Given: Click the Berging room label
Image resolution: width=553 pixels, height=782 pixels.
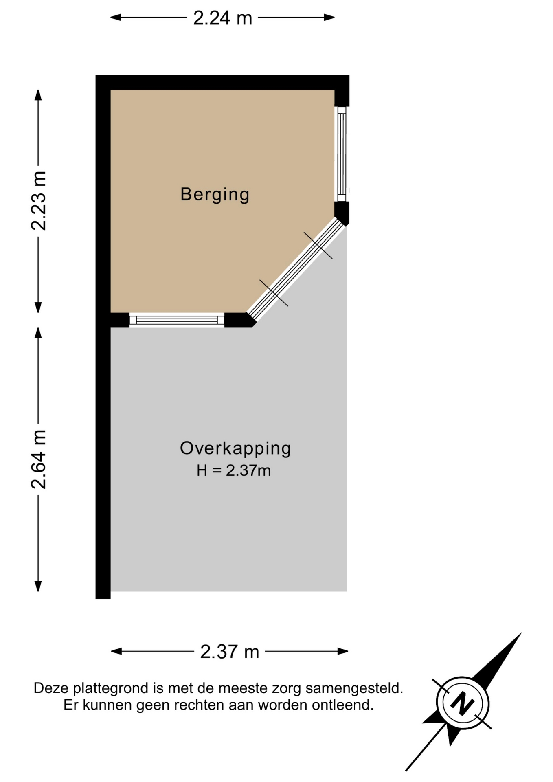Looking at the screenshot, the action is [215, 195].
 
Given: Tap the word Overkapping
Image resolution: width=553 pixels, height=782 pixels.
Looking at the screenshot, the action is [235, 449].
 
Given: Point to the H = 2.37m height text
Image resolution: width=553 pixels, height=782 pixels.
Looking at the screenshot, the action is [234, 471].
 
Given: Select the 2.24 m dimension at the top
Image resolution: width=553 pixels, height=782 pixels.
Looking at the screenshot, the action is [222, 18].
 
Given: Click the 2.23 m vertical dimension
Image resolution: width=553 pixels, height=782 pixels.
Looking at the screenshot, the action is [39, 201].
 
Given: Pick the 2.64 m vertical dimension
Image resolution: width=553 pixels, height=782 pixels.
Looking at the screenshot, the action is [39, 459].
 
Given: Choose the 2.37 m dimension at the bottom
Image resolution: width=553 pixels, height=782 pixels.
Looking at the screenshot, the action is [230, 652].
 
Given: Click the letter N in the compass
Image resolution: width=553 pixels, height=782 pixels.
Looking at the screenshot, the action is [463, 703].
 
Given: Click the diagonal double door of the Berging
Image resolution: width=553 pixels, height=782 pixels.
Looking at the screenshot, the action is [296, 269].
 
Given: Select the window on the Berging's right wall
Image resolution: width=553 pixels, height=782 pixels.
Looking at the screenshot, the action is [342, 154].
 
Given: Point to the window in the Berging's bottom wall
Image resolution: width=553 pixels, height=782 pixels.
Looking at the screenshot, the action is [177, 320].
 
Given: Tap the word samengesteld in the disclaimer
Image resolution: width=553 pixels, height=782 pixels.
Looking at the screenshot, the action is [354, 689].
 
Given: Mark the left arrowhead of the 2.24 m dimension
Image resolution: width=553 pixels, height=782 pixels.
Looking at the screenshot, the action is [116, 17].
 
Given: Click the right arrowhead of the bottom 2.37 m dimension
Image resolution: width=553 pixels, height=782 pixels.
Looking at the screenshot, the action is [343, 651].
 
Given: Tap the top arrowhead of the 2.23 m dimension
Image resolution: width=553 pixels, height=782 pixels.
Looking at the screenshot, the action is [38, 95].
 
